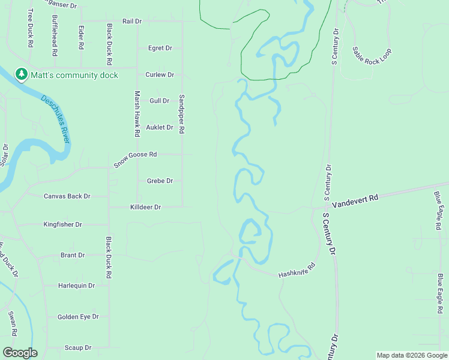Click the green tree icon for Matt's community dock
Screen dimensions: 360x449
22,74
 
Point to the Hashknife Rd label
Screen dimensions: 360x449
297,271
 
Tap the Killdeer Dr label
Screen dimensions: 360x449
146,207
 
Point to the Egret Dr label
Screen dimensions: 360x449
160,48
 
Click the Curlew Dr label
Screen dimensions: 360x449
160,74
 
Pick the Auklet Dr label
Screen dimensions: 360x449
160,127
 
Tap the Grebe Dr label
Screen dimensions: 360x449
160,181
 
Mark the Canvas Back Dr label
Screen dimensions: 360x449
67,196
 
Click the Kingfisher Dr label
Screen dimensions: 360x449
62,224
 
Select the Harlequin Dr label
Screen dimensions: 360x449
76,286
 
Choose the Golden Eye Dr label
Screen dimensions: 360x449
77,316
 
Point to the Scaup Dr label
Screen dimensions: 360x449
77,347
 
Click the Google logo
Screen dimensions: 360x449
20,353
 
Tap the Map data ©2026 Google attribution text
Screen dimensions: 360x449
411,355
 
